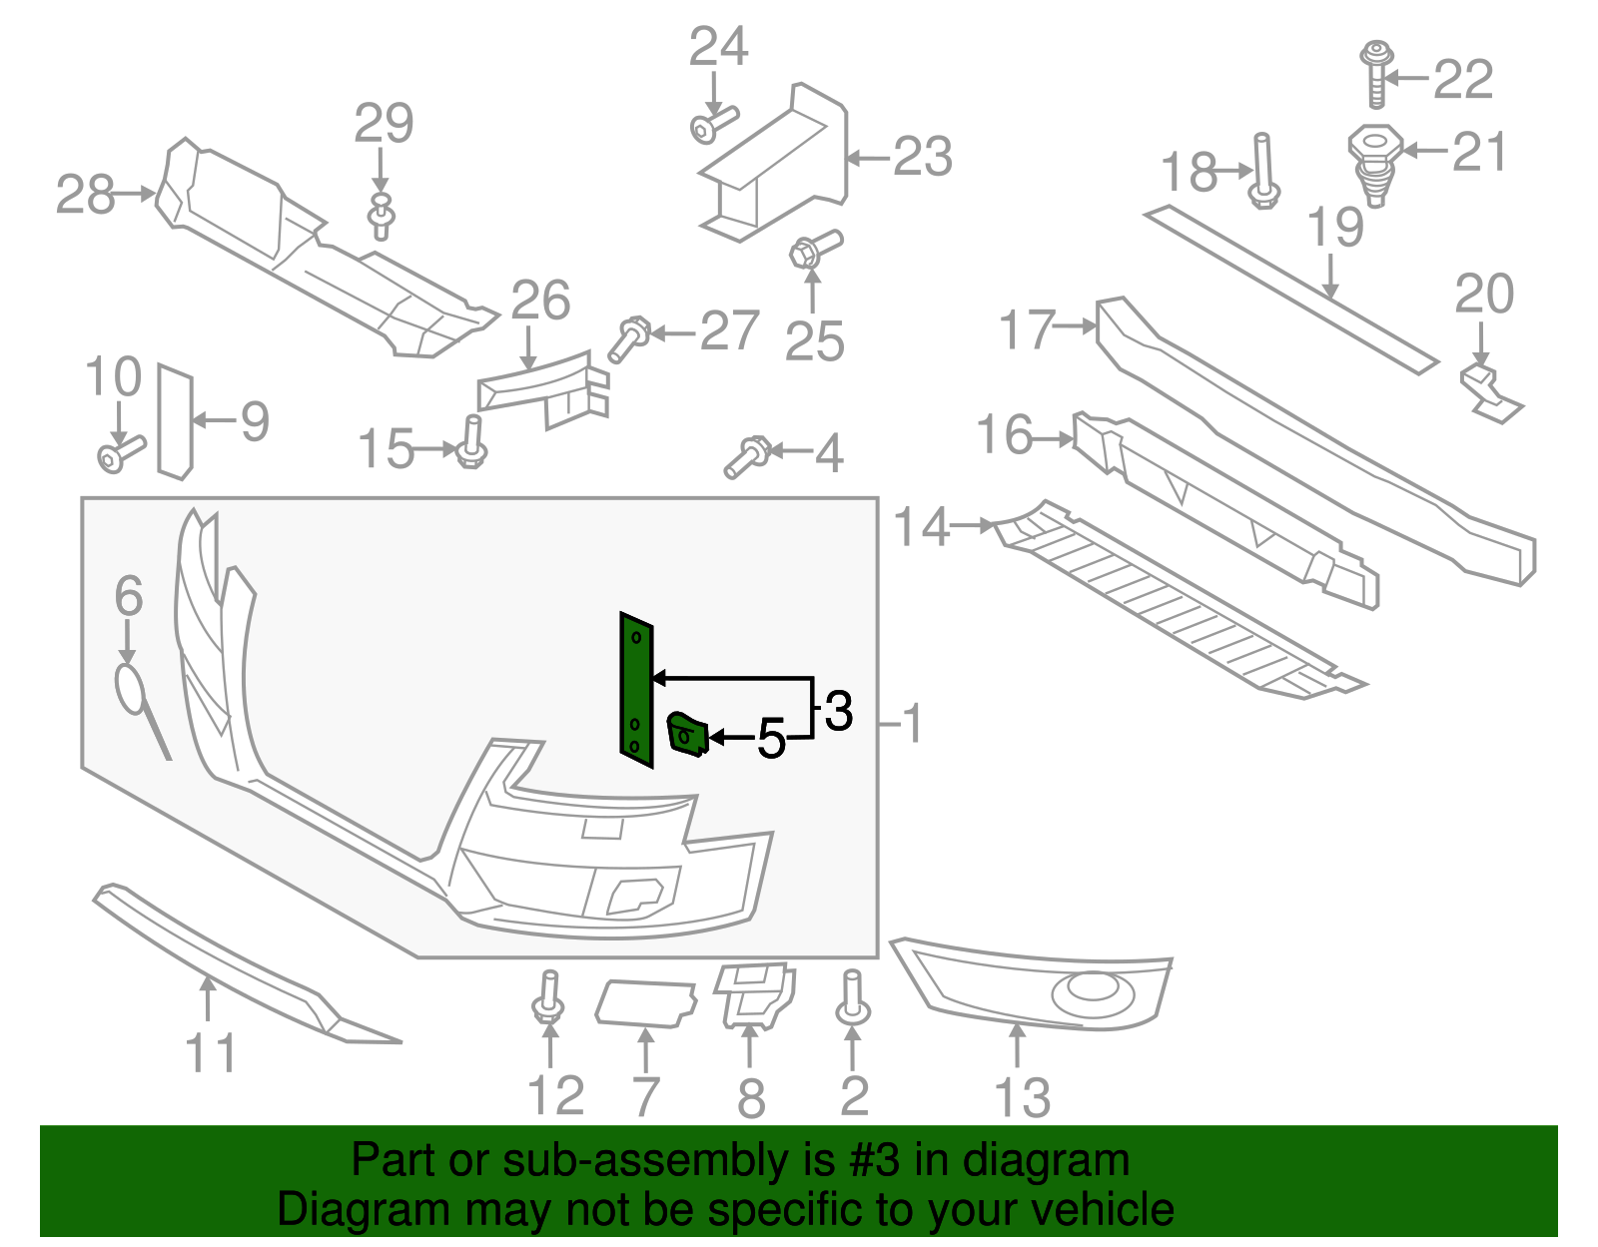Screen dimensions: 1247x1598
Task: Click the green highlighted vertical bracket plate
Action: click(x=635, y=689)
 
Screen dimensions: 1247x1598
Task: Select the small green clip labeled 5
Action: click(x=687, y=736)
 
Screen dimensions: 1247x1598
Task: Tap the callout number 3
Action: click(x=838, y=711)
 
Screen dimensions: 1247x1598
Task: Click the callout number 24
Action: click(x=718, y=47)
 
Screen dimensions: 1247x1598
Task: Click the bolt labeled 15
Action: click(x=471, y=443)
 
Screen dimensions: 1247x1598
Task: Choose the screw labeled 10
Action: click(x=120, y=453)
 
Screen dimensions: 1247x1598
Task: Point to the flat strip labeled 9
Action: click(x=174, y=421)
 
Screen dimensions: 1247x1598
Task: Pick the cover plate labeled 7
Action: click(x=644, y=1002)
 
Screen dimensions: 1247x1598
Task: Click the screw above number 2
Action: click(x=852, y=997)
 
